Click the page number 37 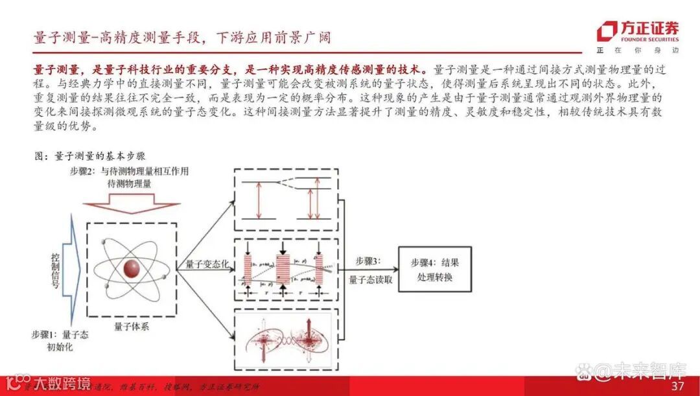[x=678, y=386]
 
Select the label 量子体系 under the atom [x=131, y=327]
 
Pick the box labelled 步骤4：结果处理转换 [x=434, y=269]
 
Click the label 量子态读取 [x=371, y=280]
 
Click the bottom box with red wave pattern [x=286, y=341]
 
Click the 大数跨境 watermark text [x=49, y=383]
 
